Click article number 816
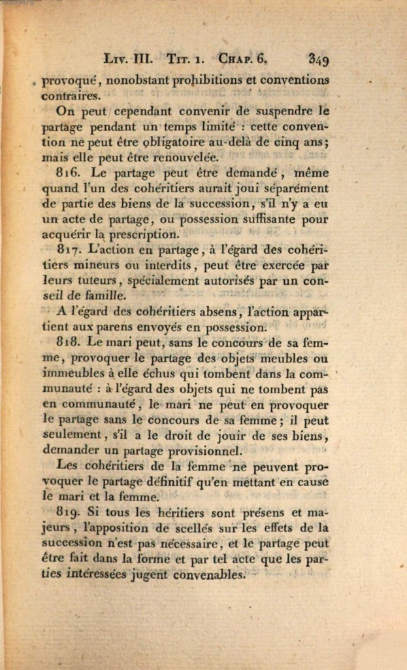69,173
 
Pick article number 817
69,249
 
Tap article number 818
69,342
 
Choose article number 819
69,512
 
